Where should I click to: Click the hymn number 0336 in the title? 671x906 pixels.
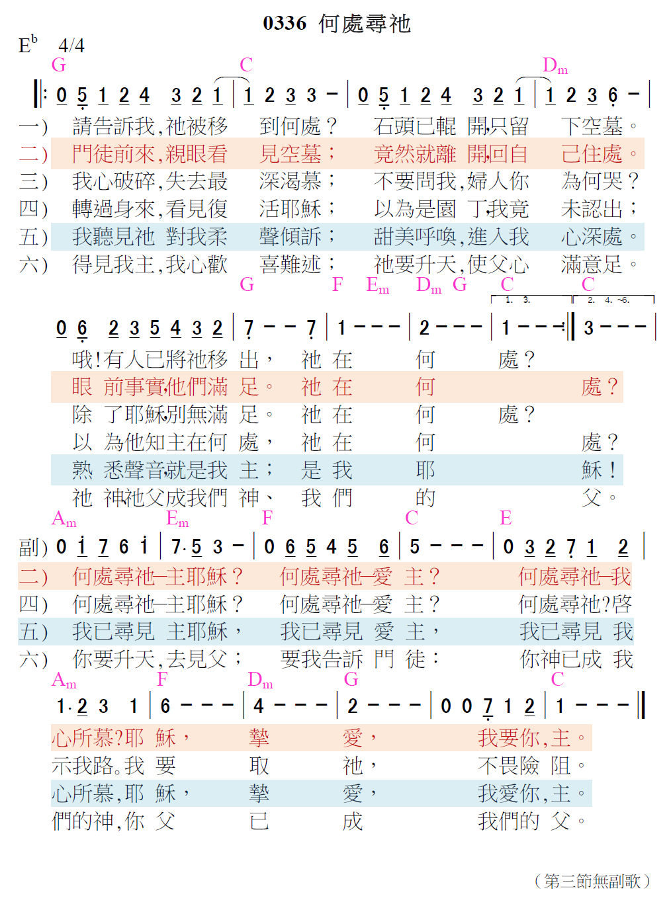point(285,24)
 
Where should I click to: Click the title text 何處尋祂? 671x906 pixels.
point(365,24)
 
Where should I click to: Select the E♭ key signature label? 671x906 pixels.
point(28,44)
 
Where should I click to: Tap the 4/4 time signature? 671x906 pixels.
point(71,45)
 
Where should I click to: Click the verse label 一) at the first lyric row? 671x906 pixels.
point(33,126)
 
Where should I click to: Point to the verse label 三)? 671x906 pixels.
point(33,181)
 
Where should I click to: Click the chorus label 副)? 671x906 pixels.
point(33,548)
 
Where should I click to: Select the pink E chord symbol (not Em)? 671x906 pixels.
point(506,518)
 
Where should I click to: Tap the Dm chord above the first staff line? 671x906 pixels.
point(555,65)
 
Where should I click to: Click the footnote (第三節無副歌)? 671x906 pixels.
point(592,881)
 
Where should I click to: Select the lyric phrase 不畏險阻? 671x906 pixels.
point(531,766)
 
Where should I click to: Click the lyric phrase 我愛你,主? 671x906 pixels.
point(531,794)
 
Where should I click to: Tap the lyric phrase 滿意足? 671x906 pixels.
point(599,265)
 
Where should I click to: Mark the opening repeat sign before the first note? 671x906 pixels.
point(40,95)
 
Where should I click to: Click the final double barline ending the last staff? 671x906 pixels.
point(641,705)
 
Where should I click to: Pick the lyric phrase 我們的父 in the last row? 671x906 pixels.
point(531,821)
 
